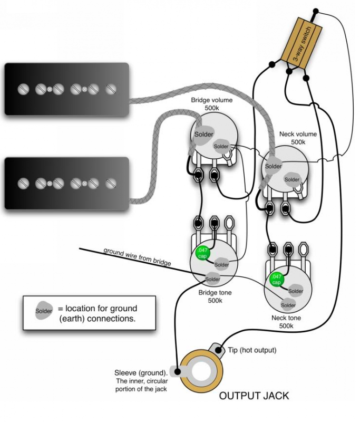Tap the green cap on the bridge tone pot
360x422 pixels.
tap(201, 254)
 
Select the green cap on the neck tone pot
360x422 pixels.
tap(276, 279)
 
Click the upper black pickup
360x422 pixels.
tap(67, 90)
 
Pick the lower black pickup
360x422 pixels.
tap(67, 183)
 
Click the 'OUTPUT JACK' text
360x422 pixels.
tap(254, 395)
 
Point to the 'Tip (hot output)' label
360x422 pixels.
tap(252, 350)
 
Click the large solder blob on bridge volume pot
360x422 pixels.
tap(203, 134)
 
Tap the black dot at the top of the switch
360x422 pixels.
tap(316, 10)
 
